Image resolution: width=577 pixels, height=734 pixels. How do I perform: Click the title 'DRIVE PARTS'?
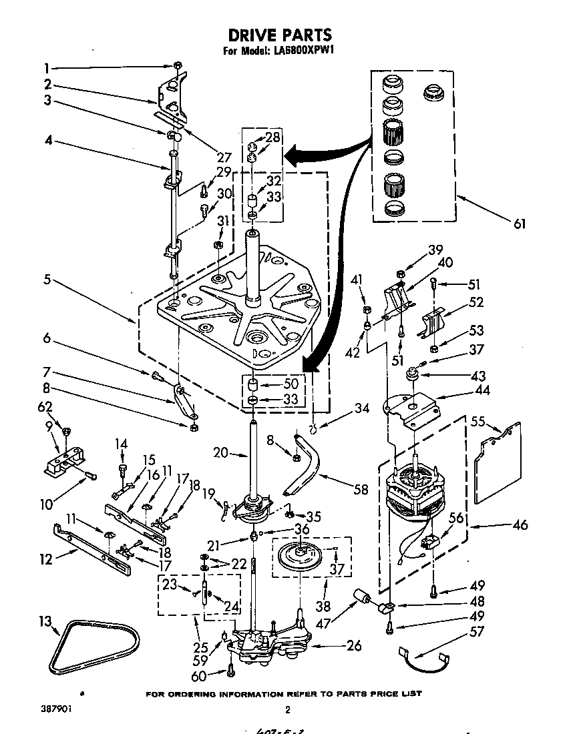point(280,35)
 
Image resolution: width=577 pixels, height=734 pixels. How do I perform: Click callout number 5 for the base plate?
point(46,280)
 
